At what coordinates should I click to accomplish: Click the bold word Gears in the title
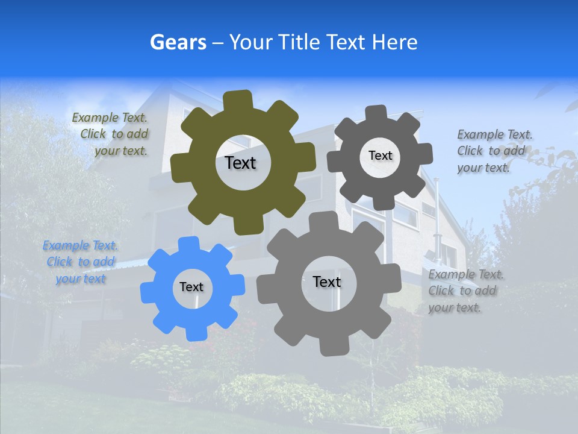pyautogui.click(x=178, y=42)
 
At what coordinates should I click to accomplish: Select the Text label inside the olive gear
pyautogui.click(x=240, y=163)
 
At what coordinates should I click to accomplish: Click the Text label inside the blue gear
pyautogui.click(x=191, y=287)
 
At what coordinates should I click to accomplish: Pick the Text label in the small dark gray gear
pyautogui.click(x=380, y=156)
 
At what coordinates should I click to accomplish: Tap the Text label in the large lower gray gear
pyautogui.click(x=327, y=281)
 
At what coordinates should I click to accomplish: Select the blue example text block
pyautogui.click(x=81, y=262)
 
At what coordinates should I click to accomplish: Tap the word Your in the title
pyautogui.click(x=249, y=42)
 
